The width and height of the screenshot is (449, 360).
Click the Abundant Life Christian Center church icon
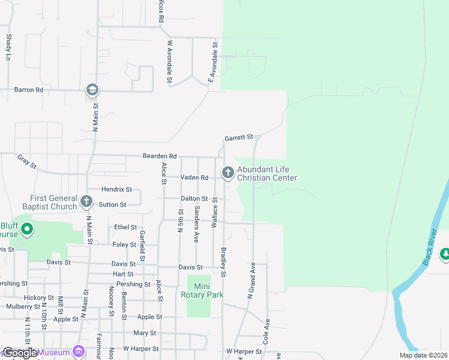click(x=228, y=173)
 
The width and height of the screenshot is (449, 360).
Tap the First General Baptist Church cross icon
click(x=86, y=201)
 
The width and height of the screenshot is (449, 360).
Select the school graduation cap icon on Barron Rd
click(x=92, y=90)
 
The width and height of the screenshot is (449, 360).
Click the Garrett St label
click(x=240, y=138)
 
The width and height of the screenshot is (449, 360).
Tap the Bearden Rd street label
click(x=159, y=156)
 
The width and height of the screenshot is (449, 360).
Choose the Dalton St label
click(x=194, y=199)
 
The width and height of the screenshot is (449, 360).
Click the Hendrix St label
click(x=116, y=189)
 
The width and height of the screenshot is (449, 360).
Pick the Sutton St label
click(x=112, y=205)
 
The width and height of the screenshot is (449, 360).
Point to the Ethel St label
click(x=125, y=227)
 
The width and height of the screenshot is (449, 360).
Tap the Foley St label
click(x=124, y=245)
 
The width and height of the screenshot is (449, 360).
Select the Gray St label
click(x=27, y=161)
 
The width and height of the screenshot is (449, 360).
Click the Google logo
click(x=20, y=353)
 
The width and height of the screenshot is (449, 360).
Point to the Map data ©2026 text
click(x=423, y=355)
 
